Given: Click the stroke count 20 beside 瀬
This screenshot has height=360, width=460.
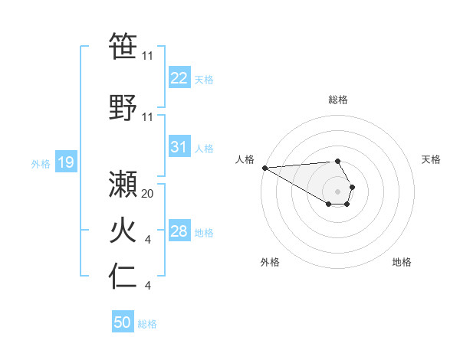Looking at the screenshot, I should [x=148, y=194].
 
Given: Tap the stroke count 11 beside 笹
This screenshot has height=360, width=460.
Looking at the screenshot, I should [x=148, y=57].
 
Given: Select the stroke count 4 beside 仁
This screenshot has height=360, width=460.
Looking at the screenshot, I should [x=147, y=286].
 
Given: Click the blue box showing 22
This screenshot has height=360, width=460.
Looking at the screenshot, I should [x=179, y=78].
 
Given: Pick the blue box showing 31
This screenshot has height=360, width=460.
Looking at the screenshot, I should [x=179, y=148].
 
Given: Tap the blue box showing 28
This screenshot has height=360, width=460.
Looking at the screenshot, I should [x=179, y=231].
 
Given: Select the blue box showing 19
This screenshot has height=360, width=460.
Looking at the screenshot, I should [x=65, y=162].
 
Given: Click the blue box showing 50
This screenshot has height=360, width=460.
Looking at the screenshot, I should [x=122, y=322].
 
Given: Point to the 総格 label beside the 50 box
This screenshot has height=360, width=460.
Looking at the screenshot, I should [x=147, y=324].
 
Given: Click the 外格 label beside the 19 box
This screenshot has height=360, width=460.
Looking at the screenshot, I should [x=41, y=163].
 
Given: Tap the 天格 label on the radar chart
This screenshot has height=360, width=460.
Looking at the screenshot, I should [x=432, y=159].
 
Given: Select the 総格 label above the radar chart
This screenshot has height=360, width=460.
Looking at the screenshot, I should [x=338, y=100].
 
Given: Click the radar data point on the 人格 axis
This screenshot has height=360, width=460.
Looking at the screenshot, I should [x=264, y=168].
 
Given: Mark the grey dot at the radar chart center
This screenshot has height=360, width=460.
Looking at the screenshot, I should [x=338, y=191].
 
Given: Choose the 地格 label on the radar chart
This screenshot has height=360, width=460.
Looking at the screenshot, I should [x=402, y=262].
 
